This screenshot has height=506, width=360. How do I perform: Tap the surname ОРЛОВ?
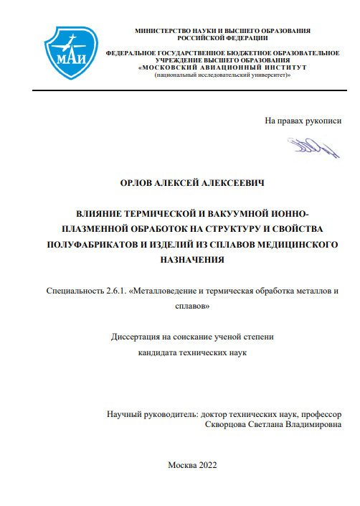coord(138,184)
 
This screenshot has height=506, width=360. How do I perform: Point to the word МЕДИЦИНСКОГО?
coord(297,245)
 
